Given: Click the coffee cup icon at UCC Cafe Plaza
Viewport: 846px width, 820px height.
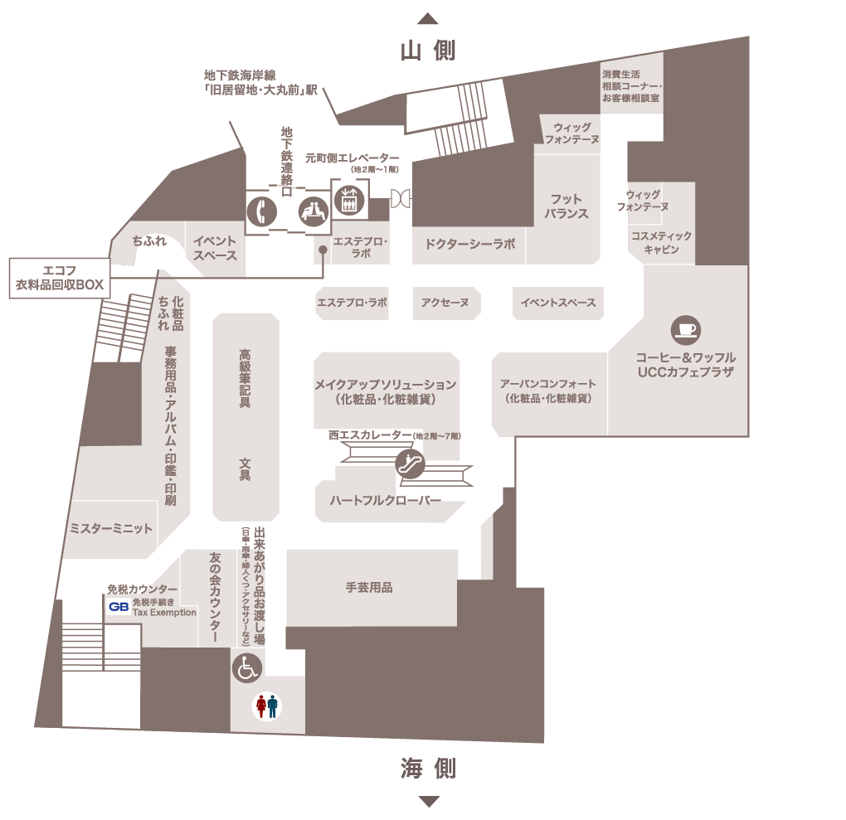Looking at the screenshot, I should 686,328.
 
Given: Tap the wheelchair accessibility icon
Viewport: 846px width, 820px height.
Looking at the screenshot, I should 247,667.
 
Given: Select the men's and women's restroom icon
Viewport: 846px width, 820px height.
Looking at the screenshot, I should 267,707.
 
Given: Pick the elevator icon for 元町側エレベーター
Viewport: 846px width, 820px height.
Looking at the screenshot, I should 347,201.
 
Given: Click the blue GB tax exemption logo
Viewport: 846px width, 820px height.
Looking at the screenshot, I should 118,607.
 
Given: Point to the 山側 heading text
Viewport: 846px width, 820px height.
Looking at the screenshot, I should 428,51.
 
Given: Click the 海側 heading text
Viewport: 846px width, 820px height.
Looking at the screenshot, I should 428,769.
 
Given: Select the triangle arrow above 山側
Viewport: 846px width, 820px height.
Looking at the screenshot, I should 428,18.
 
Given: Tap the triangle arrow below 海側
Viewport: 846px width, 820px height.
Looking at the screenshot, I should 428,801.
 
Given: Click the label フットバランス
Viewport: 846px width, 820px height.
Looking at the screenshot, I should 566,206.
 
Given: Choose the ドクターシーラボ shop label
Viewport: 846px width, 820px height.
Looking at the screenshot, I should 469,245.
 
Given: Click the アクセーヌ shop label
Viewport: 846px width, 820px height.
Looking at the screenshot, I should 445,303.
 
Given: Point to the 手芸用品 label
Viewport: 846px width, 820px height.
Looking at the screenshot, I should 369,588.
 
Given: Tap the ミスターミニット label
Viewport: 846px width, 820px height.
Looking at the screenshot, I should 111,528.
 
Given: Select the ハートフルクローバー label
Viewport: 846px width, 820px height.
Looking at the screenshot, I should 385,500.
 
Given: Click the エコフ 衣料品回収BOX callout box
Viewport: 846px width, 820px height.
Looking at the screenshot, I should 60,277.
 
